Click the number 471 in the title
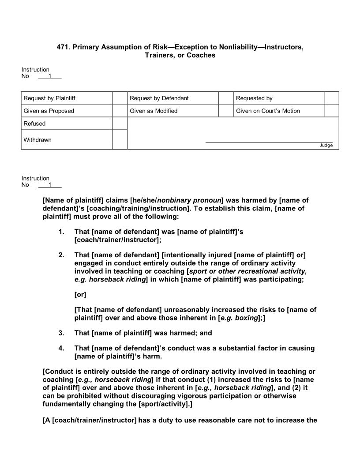[x=64, y=47]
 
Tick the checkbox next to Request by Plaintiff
[x=120, y=98]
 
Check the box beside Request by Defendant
[x=226, y=98]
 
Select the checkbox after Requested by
[x=332, y=98]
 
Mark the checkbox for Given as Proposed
[x=120, y=111]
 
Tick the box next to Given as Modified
[x=226, y=111]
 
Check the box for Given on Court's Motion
[x=332, y=111]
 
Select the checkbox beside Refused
[x=120, y=124]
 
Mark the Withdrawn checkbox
[x=120, y=139]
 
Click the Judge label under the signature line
[x=326, y=146]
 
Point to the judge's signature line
[x=269, y=142]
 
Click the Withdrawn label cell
[x=67, y=139]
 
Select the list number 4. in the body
[x=61, y=348]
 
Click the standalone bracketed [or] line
[x=80, y=294]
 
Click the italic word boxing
[x=247, y=318]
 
